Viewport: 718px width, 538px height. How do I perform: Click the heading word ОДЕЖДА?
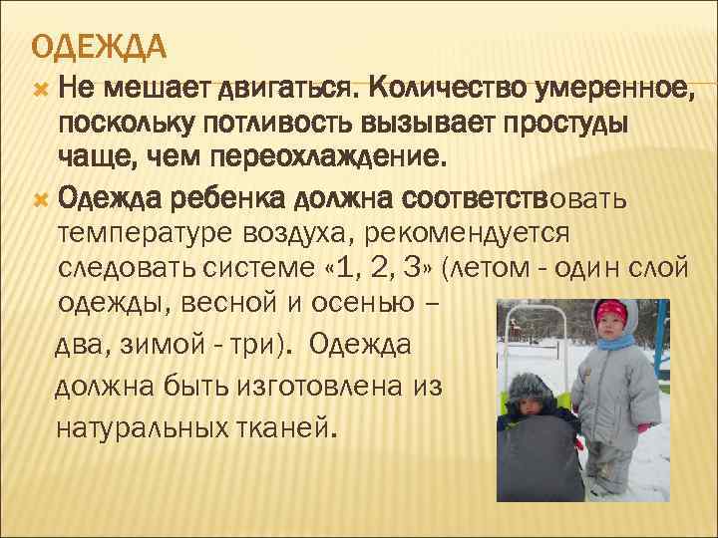tap(98, 47)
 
